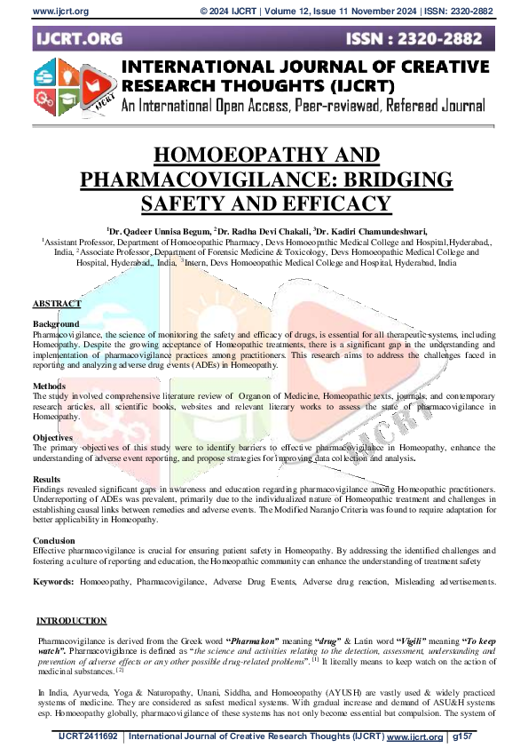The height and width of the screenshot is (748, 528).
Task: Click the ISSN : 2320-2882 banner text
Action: pos(418,40)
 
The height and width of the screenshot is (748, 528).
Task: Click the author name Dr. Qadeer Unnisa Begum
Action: pos(160,228)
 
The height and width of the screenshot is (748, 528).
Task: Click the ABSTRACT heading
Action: pos(57,305)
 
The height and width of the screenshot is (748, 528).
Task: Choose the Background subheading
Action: pos(56,324)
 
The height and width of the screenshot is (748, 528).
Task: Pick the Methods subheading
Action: pos(50,386)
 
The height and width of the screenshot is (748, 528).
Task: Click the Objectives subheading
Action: pos(53,438)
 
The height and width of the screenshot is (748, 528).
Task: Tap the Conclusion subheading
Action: pos(55,540)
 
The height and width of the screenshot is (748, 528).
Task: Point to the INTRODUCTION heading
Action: pos(72,621)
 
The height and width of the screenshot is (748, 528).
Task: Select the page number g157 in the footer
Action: pos(465,736)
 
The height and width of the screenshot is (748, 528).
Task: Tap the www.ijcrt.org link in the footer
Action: pos(414,736)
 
